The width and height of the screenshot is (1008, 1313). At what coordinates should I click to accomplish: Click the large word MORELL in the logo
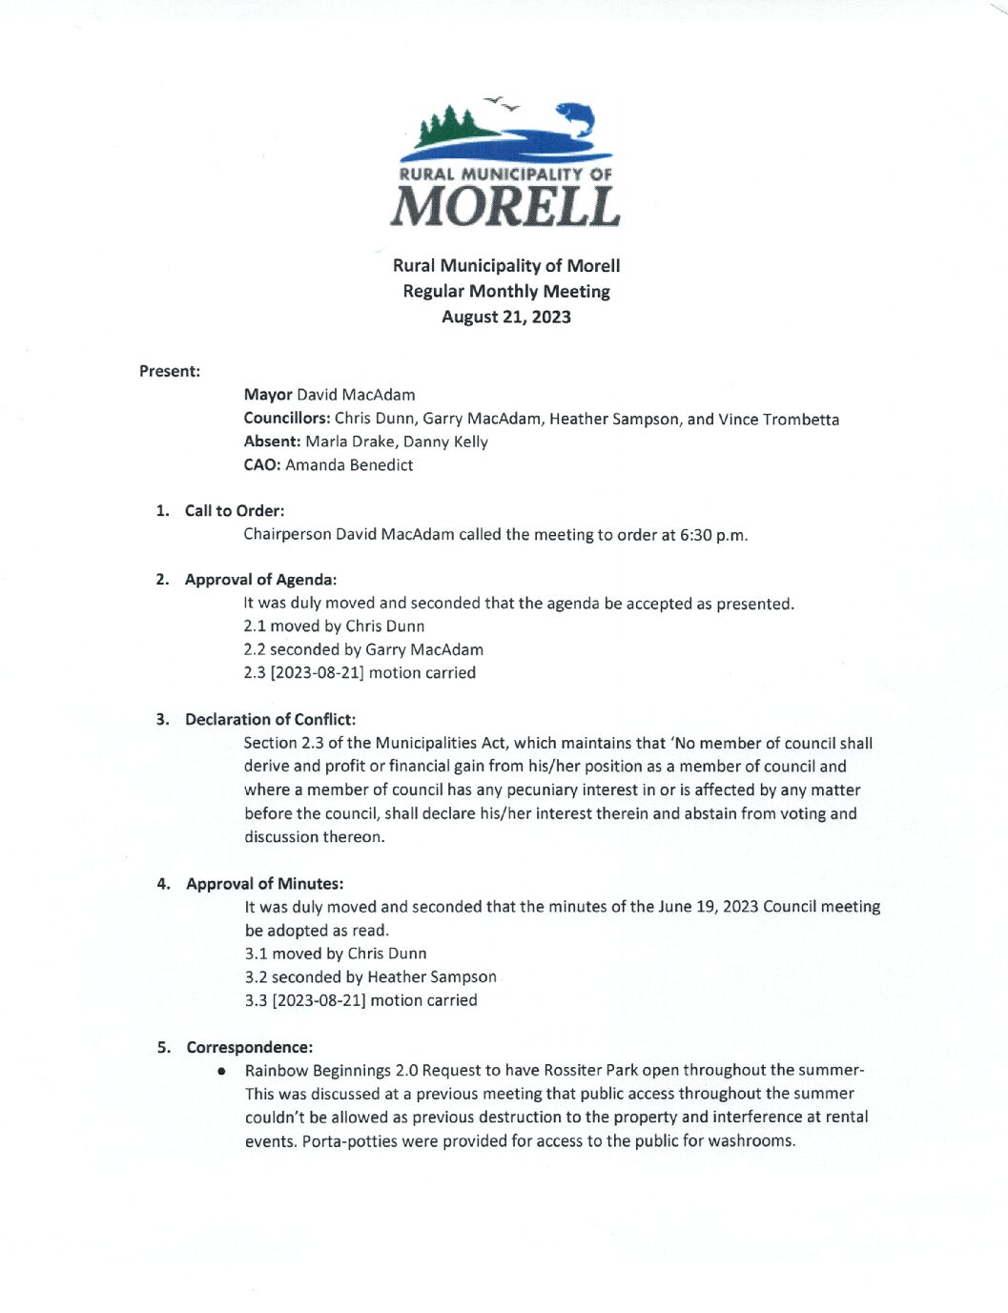pos(505,206)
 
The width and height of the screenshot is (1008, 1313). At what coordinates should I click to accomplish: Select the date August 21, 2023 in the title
pos(506,317)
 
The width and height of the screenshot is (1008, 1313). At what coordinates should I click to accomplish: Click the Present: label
pos(170,371)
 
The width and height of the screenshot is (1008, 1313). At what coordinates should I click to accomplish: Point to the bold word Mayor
pos(268,395)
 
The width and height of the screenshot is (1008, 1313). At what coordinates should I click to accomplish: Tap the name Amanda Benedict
pos(349,465)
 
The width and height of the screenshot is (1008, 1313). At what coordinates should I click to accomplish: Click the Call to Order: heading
pos(235,511)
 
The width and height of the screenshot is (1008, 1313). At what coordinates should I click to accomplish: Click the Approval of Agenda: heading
pos(260,580)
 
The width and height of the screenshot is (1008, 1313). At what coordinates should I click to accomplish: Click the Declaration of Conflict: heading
pos(270,720)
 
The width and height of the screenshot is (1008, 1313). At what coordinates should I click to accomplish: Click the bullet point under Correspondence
pos(222,1071)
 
